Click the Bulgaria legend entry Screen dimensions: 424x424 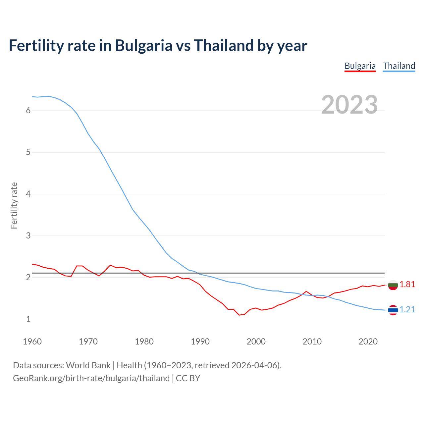click(x=360, y=66)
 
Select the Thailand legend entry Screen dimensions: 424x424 click(x=399, y=66)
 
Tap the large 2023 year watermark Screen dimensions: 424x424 click(x=349, y=105)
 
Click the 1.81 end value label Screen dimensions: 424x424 click(x=407, y=285)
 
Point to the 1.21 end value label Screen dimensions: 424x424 click(x=407, y=310)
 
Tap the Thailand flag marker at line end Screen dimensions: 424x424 click(x=393, y=310)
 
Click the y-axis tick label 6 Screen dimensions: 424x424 click(x=28, y=111)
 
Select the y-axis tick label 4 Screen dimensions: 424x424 click(x=28, y=194)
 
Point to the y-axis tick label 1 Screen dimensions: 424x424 click(x=28, y=319)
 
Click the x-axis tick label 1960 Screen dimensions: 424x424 click(x=32, y=342)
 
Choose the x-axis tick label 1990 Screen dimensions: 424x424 click(x=200, y=342)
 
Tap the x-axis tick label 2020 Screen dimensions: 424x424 click(x=368, y=342)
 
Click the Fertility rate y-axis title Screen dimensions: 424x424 click(x=14, y=205)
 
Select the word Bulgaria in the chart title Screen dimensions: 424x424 click(x=143, y=45)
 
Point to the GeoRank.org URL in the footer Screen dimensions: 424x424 click(x=91, y=378)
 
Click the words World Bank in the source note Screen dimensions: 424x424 click(x=88, y=365)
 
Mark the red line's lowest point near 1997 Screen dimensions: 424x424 click(x=239, y=315)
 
